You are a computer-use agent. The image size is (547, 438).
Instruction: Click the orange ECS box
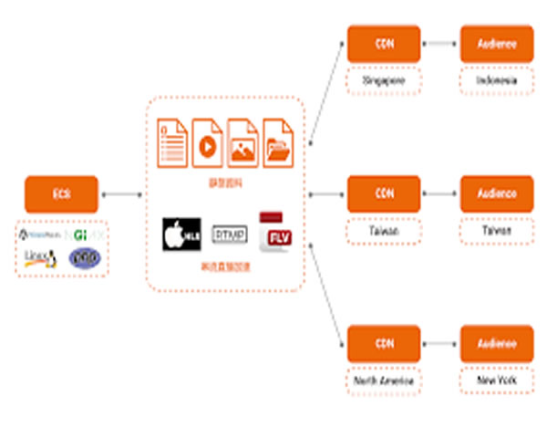[62, 193]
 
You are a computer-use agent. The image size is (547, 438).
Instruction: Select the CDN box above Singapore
[384, 44]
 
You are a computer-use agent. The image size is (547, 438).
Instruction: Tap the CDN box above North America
[384, 343]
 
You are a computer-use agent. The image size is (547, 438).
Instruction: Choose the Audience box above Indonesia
[496, 44]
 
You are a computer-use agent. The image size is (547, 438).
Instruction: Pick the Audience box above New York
[496, 343]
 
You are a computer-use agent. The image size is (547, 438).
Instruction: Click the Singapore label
[384, 80]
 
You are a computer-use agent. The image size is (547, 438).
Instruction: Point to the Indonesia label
[496, 80]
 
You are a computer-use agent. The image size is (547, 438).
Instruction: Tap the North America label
[384, 380]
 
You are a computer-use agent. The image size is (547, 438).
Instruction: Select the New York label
[496, 380]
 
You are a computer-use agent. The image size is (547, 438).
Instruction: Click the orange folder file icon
[277, 143]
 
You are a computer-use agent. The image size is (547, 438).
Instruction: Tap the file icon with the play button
[207, 143]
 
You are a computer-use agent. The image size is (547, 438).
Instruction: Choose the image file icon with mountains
[243, 143]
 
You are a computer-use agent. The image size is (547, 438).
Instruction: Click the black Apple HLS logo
[181, 235]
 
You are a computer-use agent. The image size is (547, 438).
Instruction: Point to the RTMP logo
[229, 235]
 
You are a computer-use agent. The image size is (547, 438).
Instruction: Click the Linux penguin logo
[38, 257]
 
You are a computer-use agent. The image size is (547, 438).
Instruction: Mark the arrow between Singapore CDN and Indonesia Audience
[440, 44]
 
